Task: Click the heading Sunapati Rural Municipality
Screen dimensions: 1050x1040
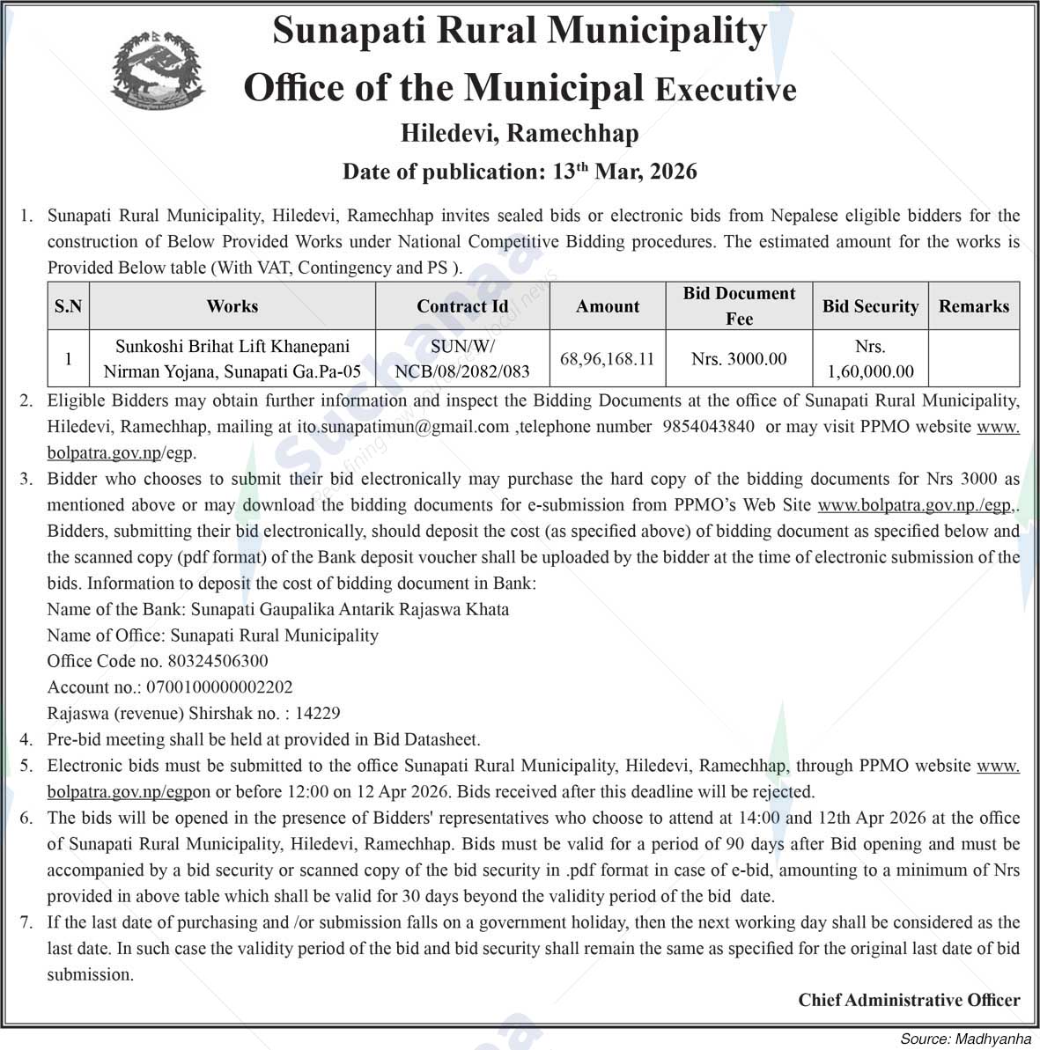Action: click(520, 32)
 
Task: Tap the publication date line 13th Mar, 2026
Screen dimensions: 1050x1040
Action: click(520, 171)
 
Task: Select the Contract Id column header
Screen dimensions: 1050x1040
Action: click(462, 306)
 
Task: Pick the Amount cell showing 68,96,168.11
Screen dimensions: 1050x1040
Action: click(608, 359)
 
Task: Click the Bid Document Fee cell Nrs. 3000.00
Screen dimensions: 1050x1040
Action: click(739, 359)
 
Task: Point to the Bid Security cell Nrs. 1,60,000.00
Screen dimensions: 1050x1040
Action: click(870, 359)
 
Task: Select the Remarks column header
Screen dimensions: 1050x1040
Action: click(973, 306)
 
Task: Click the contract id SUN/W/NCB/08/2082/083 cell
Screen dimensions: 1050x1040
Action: click(462, 359)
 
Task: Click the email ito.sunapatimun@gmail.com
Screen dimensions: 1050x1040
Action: click(403, 427)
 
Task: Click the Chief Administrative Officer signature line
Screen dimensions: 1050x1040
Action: click(909, 1000)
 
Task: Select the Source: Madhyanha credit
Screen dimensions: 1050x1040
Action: click(964, 1039)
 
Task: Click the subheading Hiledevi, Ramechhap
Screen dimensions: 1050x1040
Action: click(520, 133)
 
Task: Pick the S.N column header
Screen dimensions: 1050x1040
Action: click(68, 306)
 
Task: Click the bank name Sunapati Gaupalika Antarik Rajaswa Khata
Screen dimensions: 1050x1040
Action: click(350, 609)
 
